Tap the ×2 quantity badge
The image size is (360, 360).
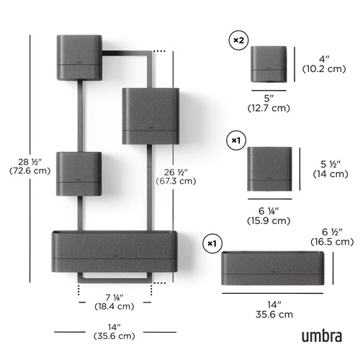click(238, 41)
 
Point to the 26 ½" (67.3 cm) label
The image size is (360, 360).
click(176, 176)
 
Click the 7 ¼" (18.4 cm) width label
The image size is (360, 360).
click(115, 301)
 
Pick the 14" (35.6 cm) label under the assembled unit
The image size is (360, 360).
click(116, 330)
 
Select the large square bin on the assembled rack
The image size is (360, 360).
click(150, 115)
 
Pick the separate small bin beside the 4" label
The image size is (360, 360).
click(269, 64)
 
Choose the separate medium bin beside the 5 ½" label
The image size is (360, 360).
click(269, 169)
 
